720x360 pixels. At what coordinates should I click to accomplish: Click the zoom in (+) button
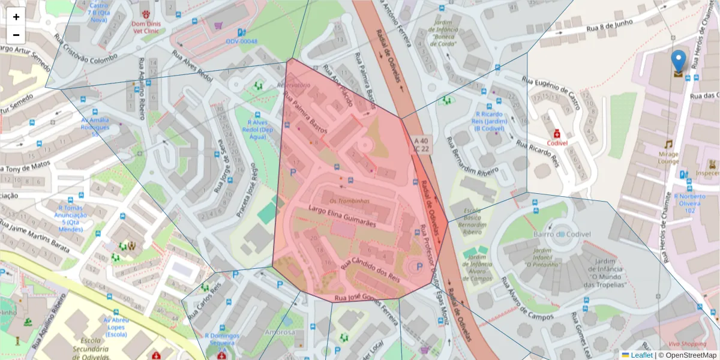(x=16, y=17)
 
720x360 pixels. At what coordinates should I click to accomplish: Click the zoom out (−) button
(x=16, y=35)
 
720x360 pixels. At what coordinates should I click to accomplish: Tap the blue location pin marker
(x=678, y=63)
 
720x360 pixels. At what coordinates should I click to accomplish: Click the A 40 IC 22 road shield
(x=421, y=145)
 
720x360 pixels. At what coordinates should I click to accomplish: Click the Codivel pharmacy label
(x=557, y=143)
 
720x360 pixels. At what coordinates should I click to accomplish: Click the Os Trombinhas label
(x=350, y=201)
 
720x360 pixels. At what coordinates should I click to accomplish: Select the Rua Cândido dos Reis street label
(x=371, y=271)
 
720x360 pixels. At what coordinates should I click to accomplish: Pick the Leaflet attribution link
(x=641, y=355)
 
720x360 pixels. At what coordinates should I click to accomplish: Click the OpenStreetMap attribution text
(x=688, y=355)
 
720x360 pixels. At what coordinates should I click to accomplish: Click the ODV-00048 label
(x=241, y=41)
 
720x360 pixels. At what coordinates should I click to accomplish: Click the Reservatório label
(x=293, y=85)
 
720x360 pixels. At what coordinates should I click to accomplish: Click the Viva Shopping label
(x=687, y=344)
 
